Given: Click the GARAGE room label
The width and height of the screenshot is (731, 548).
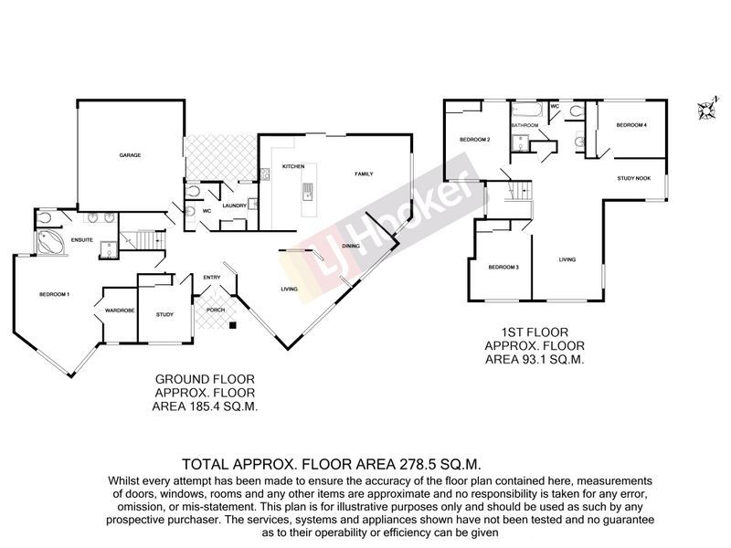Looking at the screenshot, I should [x=129, y=156].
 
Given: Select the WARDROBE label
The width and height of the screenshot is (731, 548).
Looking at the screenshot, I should [x=120, y=310].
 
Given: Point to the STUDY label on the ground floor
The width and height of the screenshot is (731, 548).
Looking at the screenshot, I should [x=164, y=314].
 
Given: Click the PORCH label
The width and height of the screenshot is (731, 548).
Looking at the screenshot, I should [x=217, y=310].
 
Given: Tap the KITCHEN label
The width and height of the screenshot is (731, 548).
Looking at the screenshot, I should [x=292, y=166].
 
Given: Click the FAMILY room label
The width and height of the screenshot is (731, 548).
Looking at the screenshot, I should [x=364, y=174].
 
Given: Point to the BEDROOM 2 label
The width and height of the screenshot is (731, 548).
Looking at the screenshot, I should [x=476, y=140].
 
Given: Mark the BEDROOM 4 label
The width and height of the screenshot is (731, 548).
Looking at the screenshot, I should [x=631, y=125].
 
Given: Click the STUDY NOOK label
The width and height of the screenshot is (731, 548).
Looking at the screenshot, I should [x=633, y=178].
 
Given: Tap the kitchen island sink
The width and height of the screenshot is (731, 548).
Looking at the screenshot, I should [x=309, y=191].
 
